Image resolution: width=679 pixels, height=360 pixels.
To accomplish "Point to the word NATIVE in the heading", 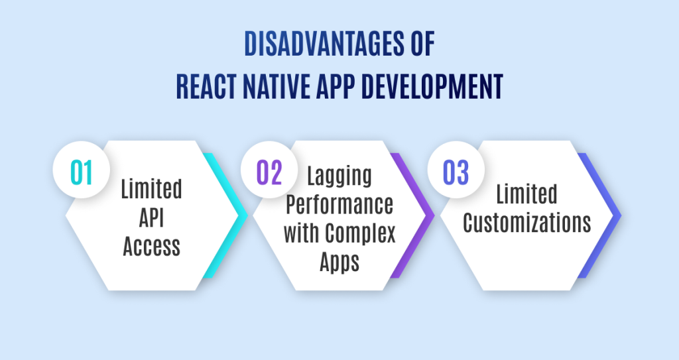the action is pyautogui.click(x=277, y=87).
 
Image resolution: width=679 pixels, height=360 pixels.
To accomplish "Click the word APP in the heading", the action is pyautogui.click(x=336, y=87).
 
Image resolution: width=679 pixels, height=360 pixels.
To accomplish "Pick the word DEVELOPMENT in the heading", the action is pyautogui.click(x=432, y=87).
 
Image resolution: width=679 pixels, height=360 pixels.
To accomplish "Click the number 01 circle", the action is pyautogui.click(x=82, y=170).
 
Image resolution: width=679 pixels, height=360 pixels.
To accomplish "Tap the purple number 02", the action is pyautogui.click(x=269, y=172).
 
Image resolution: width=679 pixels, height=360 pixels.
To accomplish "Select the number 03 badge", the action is pyautogui.click(x=456, y=170).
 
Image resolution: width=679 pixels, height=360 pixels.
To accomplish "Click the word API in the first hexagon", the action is pyautogui.click(x=152, y=217).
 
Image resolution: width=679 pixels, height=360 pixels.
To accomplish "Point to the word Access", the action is pyautogui.click(x=152, y=246).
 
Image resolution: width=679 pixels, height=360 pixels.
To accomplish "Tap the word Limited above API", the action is pyautogui.click(x=152, y=189).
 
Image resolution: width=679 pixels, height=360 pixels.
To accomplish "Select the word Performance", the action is pyautogui.click(x=339, y=204).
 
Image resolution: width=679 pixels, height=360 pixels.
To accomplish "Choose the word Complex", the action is pyautogui.click(x=361, y=233).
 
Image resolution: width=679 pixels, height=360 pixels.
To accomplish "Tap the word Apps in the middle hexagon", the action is pyautogui.click(x=339, y=262).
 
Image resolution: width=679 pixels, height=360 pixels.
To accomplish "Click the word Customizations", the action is pyautogui.click(x=527, y=223).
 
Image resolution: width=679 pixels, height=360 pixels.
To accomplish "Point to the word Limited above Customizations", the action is pyautogui.click(x=526, y=194).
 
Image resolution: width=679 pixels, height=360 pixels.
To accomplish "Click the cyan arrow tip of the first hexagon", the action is pyautogui.click(x=247, y=215).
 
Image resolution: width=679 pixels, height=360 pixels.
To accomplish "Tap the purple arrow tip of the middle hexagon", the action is pyautogui.click(x=434, y=215).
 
